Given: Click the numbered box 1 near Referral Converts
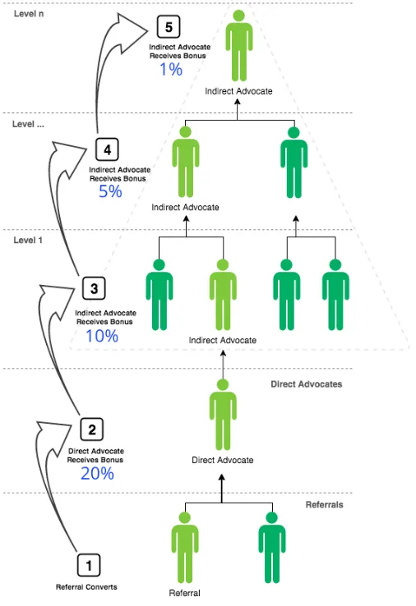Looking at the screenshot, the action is tap(89, 565).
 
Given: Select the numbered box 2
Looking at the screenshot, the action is tap(92, 429).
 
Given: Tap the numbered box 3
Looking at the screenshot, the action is tap(94, 288).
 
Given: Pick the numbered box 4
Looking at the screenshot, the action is tap(107, 149).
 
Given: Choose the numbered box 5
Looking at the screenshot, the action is tap(169, 26).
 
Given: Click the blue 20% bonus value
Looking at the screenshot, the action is tap(97, 474).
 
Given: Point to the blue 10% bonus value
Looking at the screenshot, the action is tap(102, 336).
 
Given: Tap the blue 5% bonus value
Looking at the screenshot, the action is tap(110, 191).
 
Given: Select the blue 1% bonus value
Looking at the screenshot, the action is tap(171, 70).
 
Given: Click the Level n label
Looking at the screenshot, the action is tap(29, 14).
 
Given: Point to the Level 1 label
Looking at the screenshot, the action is tap(28, 240).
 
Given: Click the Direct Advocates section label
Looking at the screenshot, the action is tap(307, 384).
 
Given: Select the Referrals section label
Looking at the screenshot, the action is tap(324, 505).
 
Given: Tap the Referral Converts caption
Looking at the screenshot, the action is tap(86, 587).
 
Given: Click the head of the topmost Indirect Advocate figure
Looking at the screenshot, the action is tap(238, 16).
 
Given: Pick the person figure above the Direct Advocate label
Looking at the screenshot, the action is tap(223, 415).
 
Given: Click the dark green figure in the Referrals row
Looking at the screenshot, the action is tap(272, 547).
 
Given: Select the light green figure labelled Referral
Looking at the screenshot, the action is tap(185, 547).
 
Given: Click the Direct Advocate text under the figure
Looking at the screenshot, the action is tap(223, 460).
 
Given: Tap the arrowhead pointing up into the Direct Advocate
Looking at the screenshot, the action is tap(222, 478).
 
